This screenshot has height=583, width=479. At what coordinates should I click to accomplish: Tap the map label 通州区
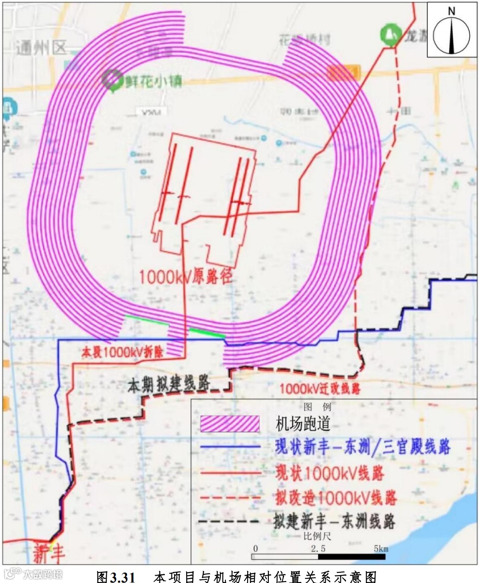tap(41, 47)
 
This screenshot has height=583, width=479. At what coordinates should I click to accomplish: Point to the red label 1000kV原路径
tap(185, 277)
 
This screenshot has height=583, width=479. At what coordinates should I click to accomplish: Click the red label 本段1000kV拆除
tap(122, 352)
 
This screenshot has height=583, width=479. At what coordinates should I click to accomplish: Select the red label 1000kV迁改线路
tap(320, 389)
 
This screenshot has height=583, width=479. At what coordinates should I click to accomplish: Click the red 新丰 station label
tap(49, 553)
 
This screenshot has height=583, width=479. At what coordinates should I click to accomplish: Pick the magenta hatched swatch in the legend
tap(230, 423)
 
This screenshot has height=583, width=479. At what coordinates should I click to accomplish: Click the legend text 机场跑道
tap(303, 424)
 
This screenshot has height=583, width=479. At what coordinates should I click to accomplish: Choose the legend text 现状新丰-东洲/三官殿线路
tap(362, 447)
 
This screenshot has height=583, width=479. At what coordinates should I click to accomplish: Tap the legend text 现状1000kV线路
tap(329, 473)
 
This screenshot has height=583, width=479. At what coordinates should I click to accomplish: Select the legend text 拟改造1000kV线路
tap(336, 498)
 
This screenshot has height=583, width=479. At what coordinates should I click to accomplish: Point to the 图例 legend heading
tap(318, 407)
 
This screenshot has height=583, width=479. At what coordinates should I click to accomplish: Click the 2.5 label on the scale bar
tap(318, 549)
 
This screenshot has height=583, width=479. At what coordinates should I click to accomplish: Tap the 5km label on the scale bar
tap(381, 549)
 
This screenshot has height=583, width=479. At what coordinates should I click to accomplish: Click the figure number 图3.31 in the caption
tap(115, 577)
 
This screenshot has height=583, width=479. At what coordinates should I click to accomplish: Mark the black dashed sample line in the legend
tap(229, 522)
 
